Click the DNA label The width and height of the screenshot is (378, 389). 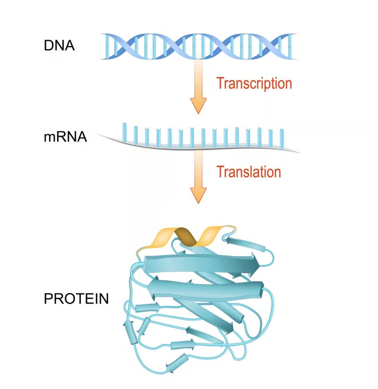(59, 46)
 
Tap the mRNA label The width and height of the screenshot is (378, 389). (65, 137)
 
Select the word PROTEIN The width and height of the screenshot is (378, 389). (76, 299)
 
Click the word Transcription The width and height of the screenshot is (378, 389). (254, 84)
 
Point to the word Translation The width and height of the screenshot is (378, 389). (249, 172)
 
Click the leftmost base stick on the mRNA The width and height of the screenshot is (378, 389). (125, 133)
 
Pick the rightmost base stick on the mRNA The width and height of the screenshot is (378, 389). (282, 138)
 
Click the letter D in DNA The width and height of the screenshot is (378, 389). (48, 46)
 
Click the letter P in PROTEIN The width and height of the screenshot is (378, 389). (48, 299)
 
